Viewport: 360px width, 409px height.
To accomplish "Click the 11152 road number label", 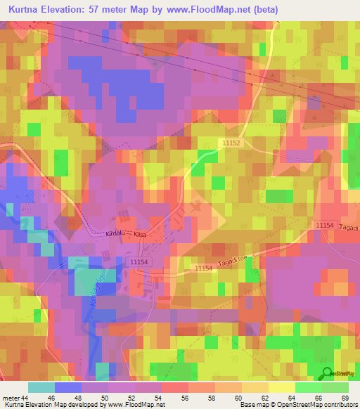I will [231, 143].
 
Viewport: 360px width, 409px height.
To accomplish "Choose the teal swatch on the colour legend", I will [41, 387].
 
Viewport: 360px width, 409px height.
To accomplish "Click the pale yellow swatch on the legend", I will [281, 387].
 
